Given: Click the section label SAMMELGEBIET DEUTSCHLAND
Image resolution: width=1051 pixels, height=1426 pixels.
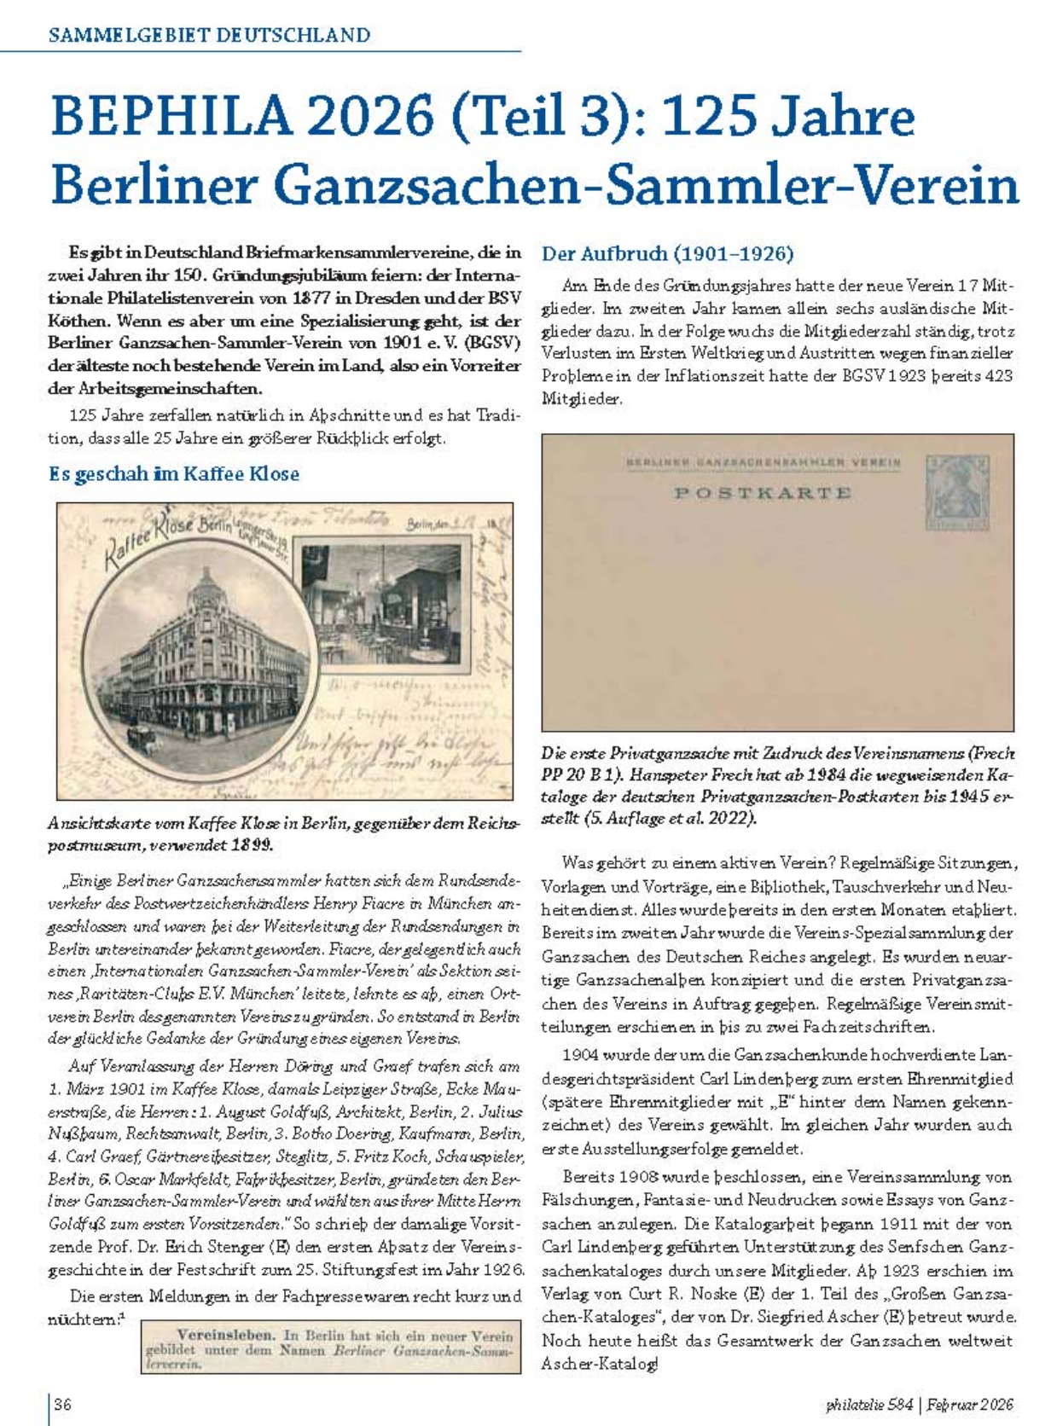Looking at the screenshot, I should (210, 36).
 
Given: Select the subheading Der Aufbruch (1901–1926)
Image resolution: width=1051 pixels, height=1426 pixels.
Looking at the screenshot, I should (667, 254).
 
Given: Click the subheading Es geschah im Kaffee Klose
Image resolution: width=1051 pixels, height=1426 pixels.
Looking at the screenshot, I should (174, 474).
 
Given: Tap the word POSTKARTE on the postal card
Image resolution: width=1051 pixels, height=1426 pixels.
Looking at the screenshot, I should (763, 493).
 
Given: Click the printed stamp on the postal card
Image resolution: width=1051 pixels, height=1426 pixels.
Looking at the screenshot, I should (960, 492).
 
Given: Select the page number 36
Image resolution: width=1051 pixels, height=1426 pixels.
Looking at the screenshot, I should (63, 1404).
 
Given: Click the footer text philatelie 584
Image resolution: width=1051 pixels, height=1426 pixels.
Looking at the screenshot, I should (869, 1404).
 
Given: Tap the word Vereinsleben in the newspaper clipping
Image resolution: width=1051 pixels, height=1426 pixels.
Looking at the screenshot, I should (225, 1335).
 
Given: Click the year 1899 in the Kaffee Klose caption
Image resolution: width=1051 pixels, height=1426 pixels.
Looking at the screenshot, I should (252, 845).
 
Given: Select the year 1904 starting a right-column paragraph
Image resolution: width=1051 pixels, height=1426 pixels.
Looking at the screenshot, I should (582, 1054).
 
